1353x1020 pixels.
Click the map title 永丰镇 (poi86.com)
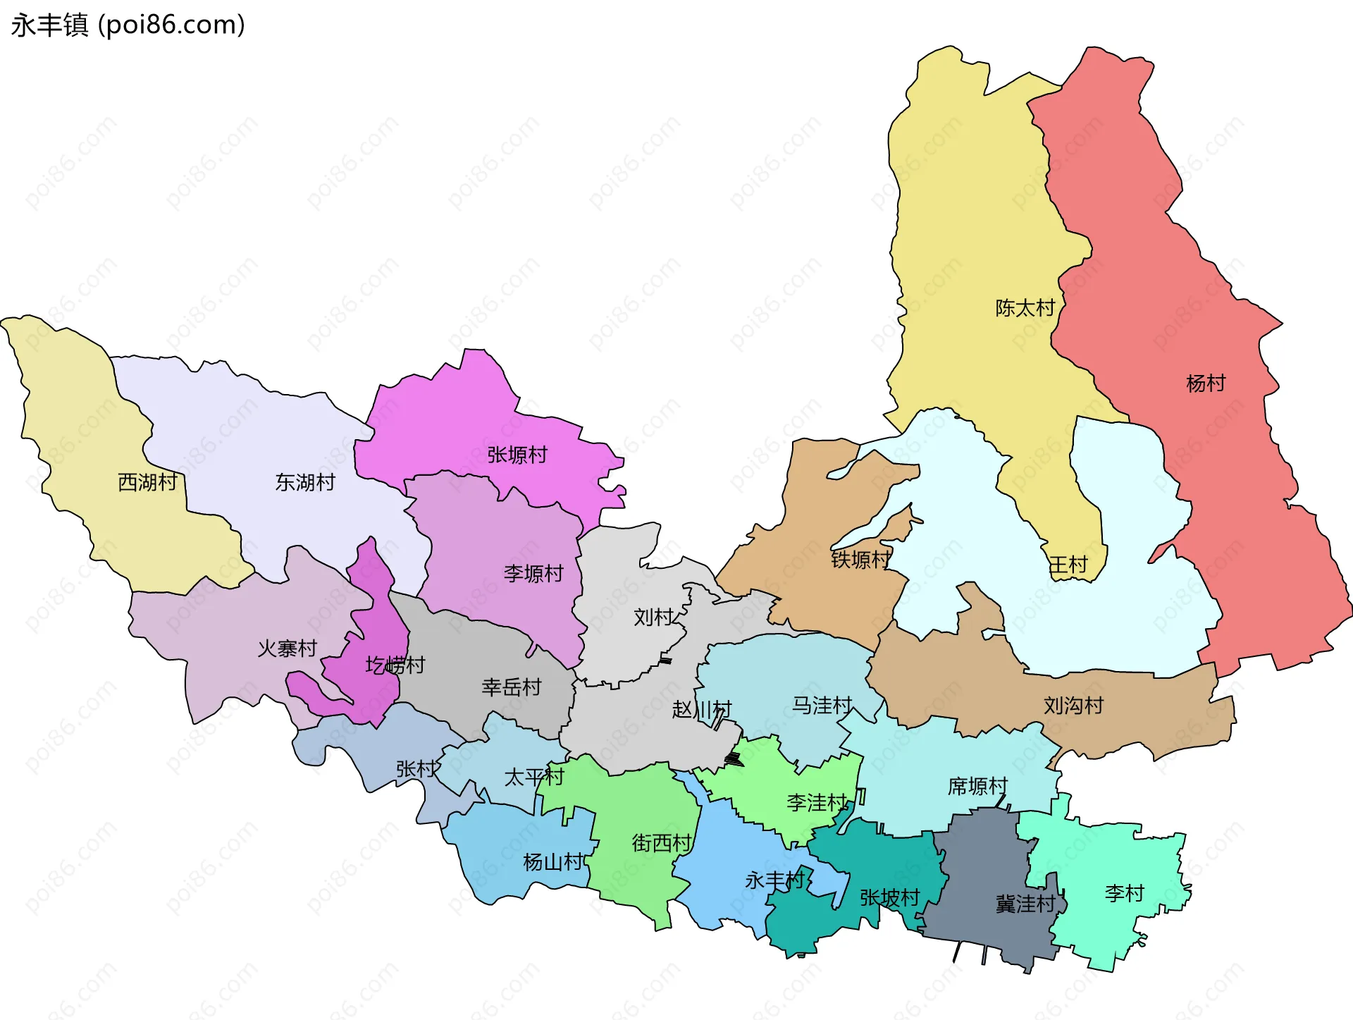click(x=128, y=25)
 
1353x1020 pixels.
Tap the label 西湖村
click(x=148, y=482)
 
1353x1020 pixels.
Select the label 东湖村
click(x=305, y=482)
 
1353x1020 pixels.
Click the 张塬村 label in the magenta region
click(x=517, y=455)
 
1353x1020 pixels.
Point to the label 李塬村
click(x=533, y=573)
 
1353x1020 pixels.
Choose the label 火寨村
click(x=288, y=648)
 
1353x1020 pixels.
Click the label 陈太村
click(x=1025, y=307)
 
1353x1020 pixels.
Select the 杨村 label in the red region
click(x=1206, y=383)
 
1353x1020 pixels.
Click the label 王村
click(x=1068, y=564)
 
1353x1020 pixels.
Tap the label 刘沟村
click(x=1073, y=705)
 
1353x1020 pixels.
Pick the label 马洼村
click(x=822, y=705)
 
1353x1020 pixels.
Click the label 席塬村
click(x=977, y=786)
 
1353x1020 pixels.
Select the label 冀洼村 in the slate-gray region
click(x=1025, y=904)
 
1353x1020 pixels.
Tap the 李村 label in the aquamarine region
click(x=1124, y=893)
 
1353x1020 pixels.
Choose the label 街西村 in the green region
click(x=662, y=842)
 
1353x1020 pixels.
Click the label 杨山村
click(x=553, y=861)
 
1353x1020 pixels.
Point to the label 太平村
click(x=534, y=777)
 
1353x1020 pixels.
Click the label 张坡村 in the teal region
click(x=890, y=897)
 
